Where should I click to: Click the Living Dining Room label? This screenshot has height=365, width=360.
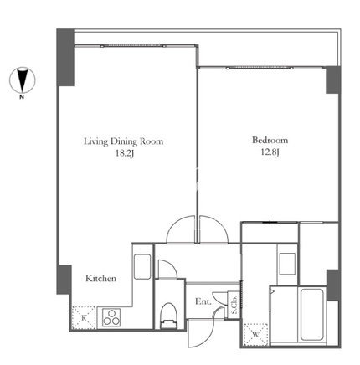click(123, 141)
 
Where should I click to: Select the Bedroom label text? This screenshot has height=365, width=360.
click(270, 140)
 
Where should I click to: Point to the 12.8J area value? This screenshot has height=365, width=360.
click(270, 152)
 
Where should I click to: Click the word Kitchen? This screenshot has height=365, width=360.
click(100, 278)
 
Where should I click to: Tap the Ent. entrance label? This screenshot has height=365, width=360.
click(203, 301)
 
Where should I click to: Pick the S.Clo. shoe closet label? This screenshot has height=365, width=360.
click(234, 305)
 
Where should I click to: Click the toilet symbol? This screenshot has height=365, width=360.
click(169, 316)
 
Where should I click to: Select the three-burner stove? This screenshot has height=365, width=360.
click(111, 317)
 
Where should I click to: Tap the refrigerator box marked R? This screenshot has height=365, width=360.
click(84, 317)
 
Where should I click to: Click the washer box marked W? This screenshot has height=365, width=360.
click(255, 334)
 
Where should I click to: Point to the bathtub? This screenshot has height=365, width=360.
click(312, 315)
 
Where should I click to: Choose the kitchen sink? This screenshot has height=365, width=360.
click(142, 266)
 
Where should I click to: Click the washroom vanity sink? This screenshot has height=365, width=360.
click(287, 264)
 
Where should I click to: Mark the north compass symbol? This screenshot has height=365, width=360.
click(23, 80)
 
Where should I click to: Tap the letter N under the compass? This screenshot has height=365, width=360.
click(22, 97)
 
